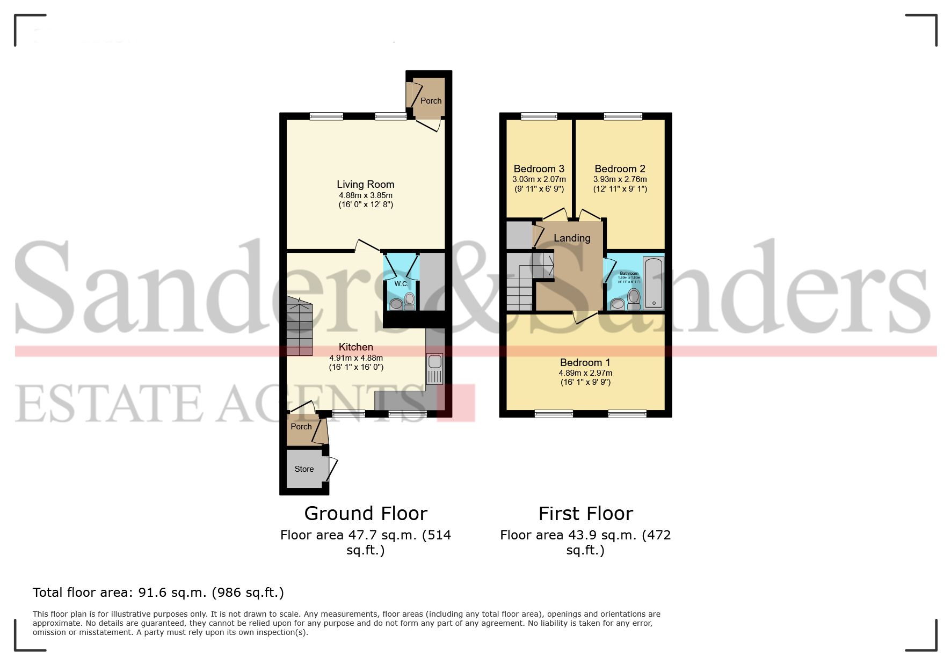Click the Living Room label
click(365, 185)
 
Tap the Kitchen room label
click(355, 347)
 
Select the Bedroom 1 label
click(585, 363)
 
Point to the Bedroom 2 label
click(620, 169)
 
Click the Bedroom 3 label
click(539, 169)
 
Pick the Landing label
click(572, 238)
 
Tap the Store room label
click(304, 469)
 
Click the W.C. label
click(401, 284)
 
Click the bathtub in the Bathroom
click(654, 283)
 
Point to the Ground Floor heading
click(366, 514)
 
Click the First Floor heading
click(585, 514)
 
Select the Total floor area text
click(158, 593)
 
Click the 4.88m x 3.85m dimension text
click(365, 195)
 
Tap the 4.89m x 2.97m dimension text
click(585, 373)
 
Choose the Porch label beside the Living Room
click(431, 101)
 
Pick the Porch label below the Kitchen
click(301, 427)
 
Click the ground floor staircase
click(299, 327)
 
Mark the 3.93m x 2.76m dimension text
click(620, 179)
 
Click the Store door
click(332, 469)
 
